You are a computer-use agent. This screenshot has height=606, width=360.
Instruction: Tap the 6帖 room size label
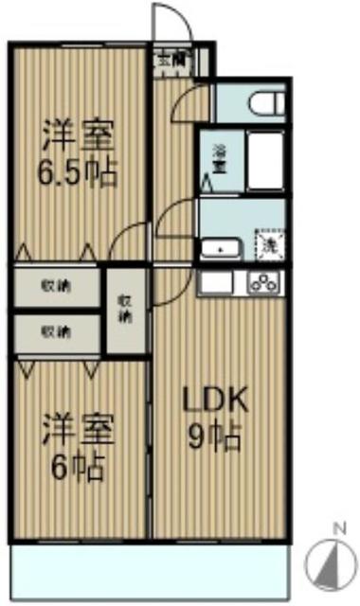coord(78,466)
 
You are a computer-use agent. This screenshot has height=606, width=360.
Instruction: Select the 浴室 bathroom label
coord(218,158)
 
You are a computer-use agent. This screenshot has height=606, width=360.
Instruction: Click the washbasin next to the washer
coord(221,249)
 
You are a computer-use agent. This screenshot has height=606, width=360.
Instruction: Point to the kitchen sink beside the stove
coord(214,282)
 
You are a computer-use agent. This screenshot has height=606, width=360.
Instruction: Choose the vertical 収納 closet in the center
coord(125,310)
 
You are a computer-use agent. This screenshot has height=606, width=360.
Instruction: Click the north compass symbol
coord(333,562)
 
